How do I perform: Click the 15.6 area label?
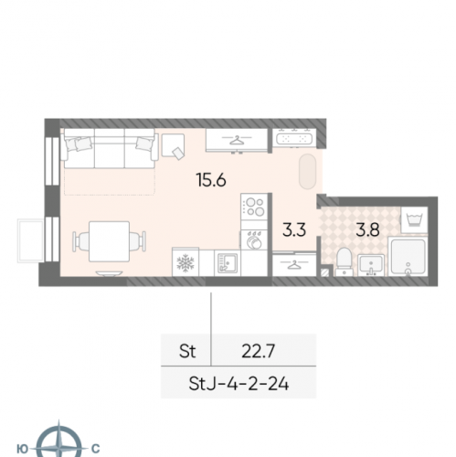pos(211,180)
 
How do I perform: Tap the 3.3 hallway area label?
pos(293,229)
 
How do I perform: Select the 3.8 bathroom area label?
pos(367,229)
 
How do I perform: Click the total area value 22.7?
pos(259,351)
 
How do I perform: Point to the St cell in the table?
pos(187,351)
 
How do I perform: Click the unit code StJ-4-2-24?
pos(239,384)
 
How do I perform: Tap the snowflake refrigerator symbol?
pos(186,263)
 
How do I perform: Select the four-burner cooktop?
pos(254,207)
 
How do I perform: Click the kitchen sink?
pos(228,263)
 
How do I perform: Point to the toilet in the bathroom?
pos(345,261)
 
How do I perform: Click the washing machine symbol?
pos(414,220)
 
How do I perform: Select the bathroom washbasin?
pos(371,265)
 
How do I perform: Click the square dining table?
pos(109,241)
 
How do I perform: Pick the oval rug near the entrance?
pos(307,172)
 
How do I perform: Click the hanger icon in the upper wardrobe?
pos(237,140)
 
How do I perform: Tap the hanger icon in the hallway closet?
pos(293,265)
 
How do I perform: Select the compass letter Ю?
pos(22,449)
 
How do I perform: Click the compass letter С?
pos(95,449)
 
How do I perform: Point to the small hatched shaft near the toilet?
pos(325,271)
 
